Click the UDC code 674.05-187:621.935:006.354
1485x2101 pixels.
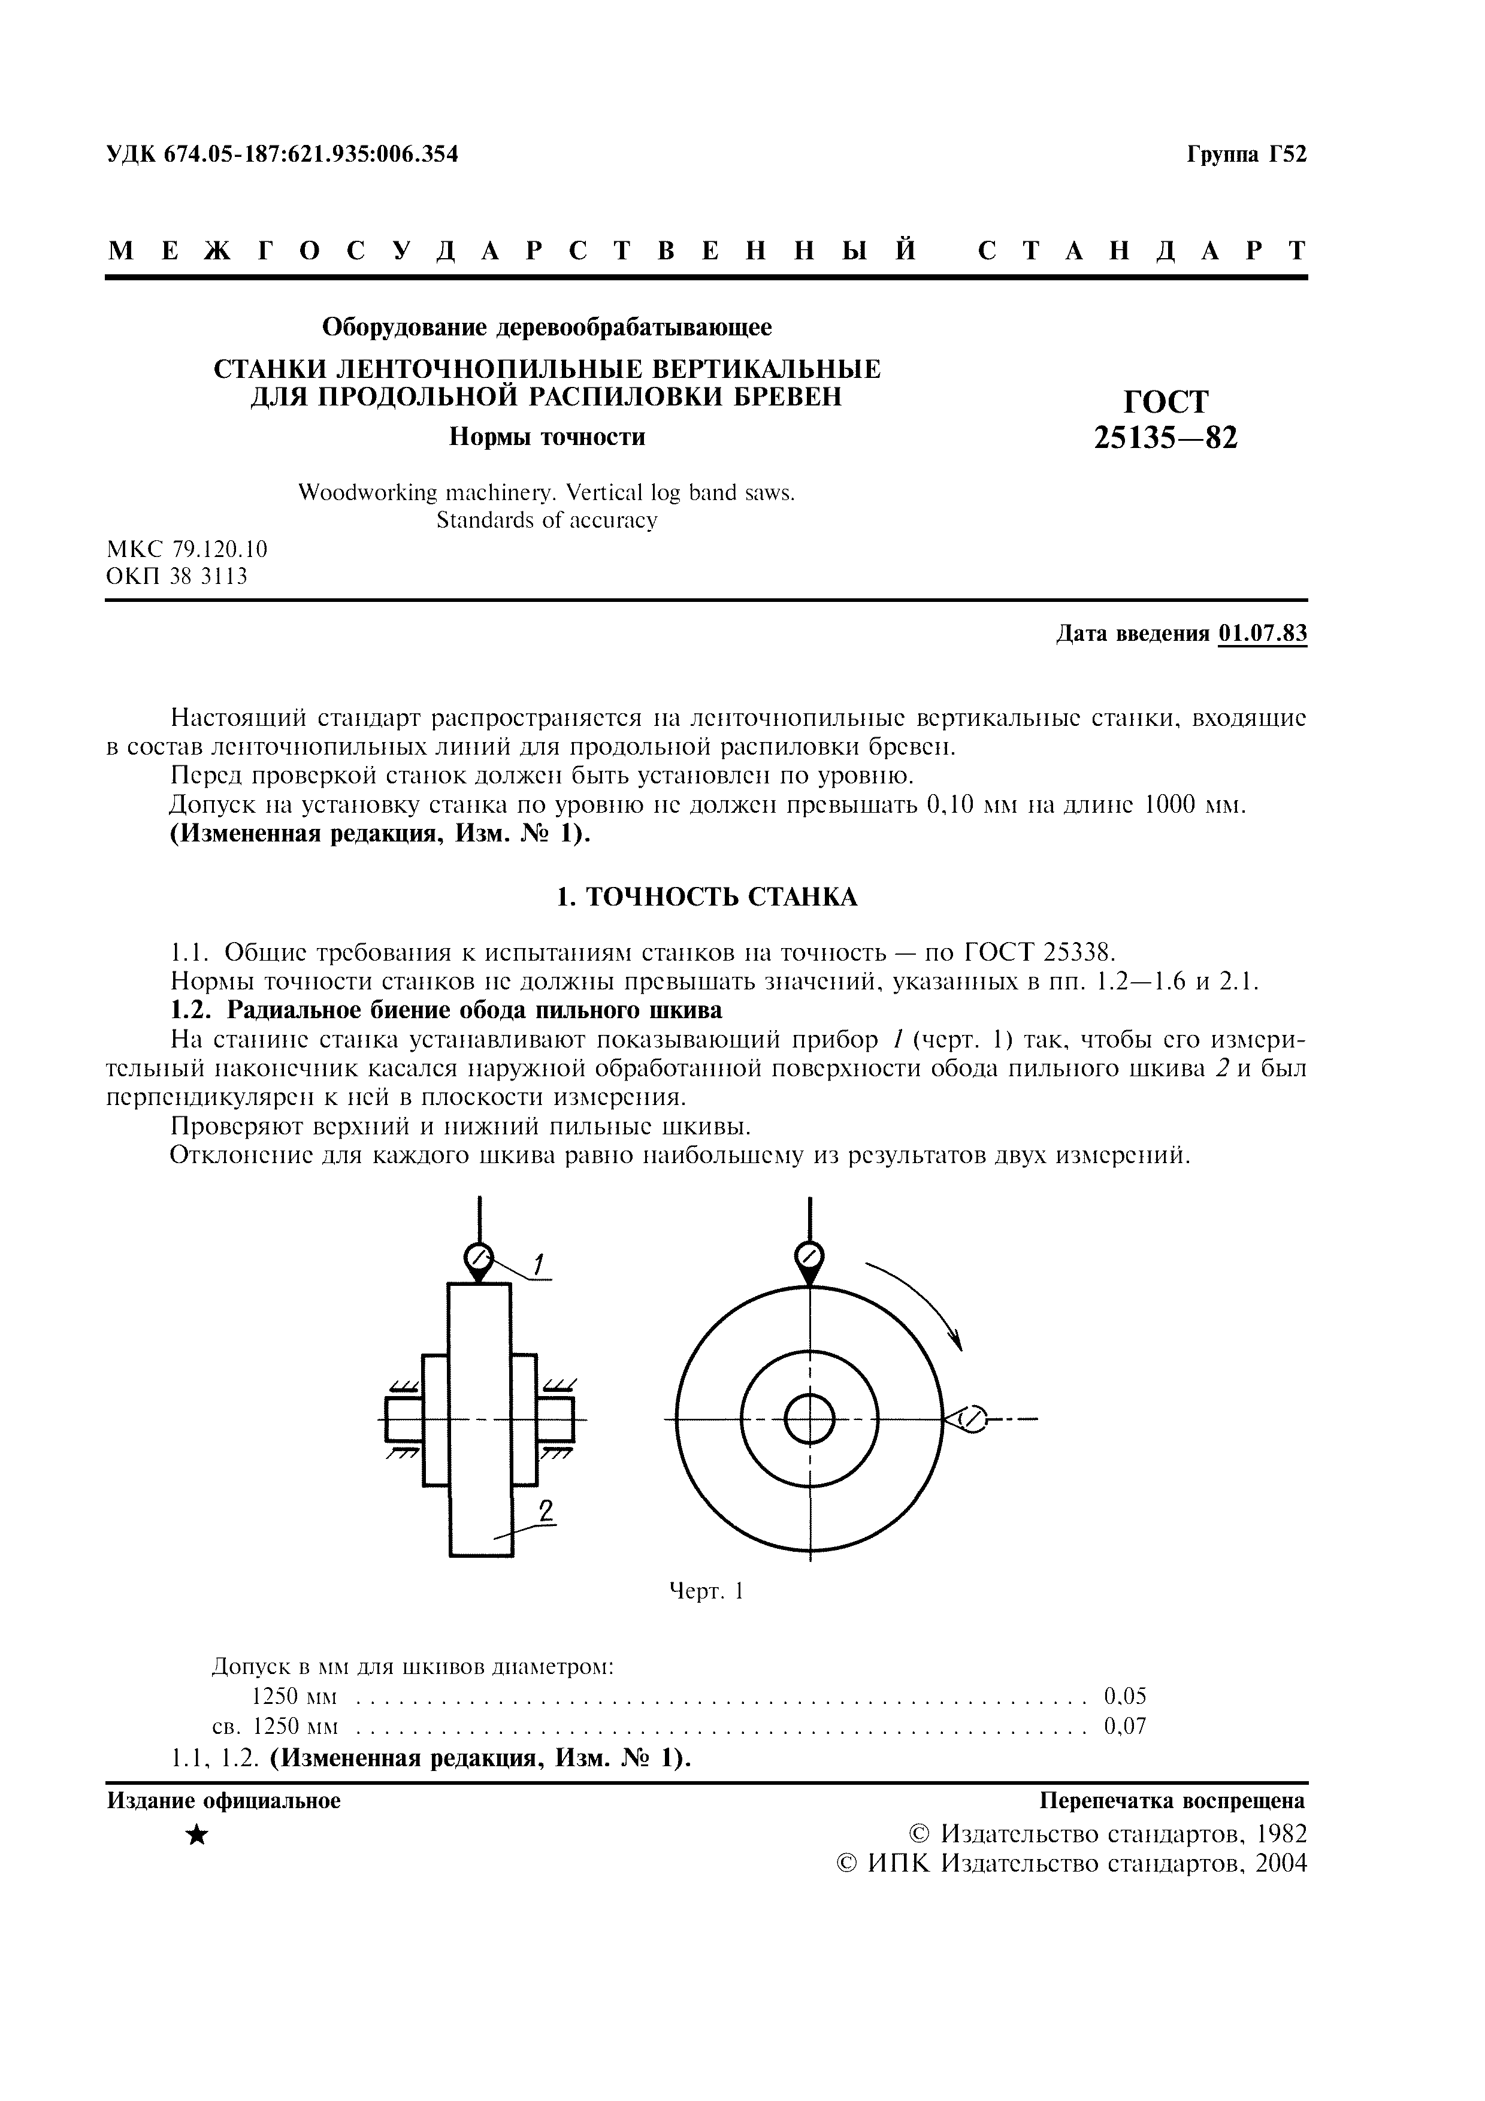pyautogui.click(x=311, y=155)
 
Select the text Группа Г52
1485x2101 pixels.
pyautogui.click(x=1246, y=155)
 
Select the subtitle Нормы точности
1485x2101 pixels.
pyautogui.click(x=546, y=437)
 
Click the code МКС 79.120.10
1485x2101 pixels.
pyautogui.click(x=187, y=549)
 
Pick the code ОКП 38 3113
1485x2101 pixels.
pyautogui.click(x=177, y=577)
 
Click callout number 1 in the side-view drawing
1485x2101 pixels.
pyautogui.click(x=539, y=1265)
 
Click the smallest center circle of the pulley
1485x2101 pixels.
pyautogui.click(x=810, y=1420)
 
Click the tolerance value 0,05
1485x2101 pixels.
pyautogui.click(x=1124, y=1697)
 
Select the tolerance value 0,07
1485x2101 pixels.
pyautogui.click(x=1124, y=1727)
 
